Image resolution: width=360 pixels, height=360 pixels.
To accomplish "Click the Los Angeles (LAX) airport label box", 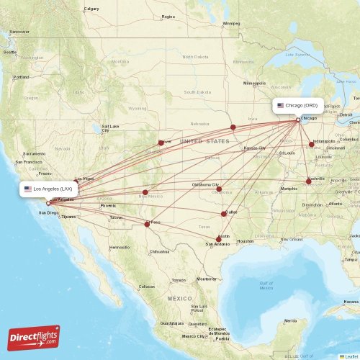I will [x=48, y=189].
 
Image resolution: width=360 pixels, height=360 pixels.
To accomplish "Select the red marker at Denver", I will [x=161, y=142].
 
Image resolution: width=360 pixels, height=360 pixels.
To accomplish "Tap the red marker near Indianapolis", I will [x=312, y=145].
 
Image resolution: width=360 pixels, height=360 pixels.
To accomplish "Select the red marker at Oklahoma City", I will [x=219, y=189].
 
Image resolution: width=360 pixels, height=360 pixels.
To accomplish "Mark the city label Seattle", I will [x=9, y=52].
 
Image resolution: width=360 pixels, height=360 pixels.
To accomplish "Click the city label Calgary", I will [x=91, y=9].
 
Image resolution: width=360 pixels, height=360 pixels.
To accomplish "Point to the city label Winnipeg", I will [x=231, y=23].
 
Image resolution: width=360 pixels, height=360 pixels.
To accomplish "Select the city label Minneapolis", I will [x=254, y=84].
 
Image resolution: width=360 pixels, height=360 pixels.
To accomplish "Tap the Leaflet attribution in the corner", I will [x=349, y=356].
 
